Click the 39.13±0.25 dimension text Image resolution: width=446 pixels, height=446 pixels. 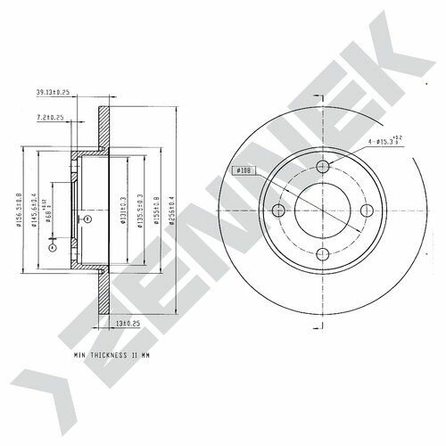(53, 91)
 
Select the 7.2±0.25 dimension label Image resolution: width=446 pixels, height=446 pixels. (53, 118)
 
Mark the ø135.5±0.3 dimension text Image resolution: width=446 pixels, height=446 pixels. (141, 211)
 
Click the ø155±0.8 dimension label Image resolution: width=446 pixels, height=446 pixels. (158, 211)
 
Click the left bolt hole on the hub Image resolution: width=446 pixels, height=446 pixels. (278, 211)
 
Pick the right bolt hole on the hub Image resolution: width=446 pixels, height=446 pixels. (367, 211)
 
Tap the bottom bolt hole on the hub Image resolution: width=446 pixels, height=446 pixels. (323, 255)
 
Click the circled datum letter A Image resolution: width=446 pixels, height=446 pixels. (51, 248)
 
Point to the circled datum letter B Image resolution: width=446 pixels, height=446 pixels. (86, 217)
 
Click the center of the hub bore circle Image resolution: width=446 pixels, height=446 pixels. (323, 211)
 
